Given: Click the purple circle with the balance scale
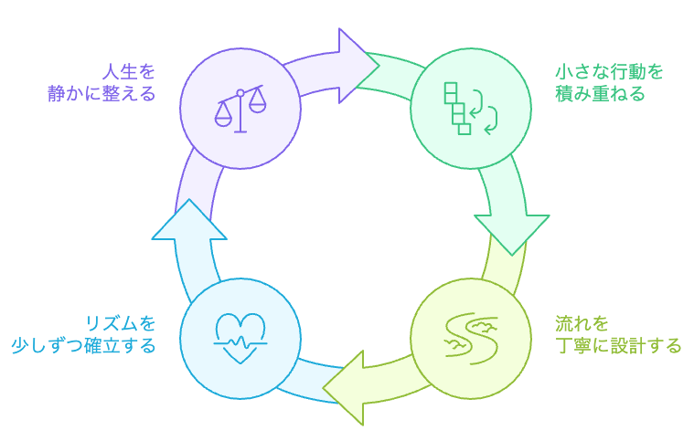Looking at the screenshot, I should [240, 110].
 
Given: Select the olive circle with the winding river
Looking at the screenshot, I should [470, 339].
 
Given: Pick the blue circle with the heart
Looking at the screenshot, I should [240, 339].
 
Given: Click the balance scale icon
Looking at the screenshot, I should [240, 110].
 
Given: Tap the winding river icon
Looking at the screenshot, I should [470, 338].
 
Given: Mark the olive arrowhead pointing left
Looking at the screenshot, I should [348, 387].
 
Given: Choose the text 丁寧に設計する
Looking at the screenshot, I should [618, 346].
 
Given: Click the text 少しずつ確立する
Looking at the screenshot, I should [83, 346].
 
